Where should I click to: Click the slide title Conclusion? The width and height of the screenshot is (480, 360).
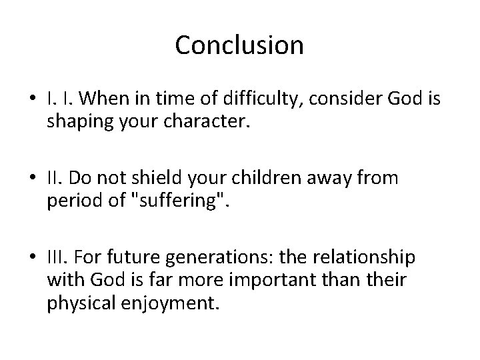[x=239, y=45]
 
